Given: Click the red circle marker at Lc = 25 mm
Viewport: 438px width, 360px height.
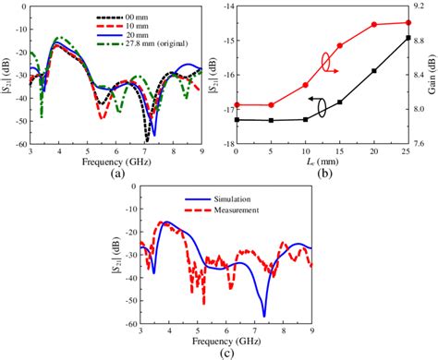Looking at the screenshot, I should [x=408, y=23].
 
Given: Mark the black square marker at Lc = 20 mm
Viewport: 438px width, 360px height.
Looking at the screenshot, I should [x=373, y=71].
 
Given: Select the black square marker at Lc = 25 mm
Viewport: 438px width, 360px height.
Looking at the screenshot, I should [x=408, y=38].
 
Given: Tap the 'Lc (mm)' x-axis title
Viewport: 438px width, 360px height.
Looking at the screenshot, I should [x=321, y=162].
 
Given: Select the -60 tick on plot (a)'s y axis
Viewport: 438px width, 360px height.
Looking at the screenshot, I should [x=19, y=144].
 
